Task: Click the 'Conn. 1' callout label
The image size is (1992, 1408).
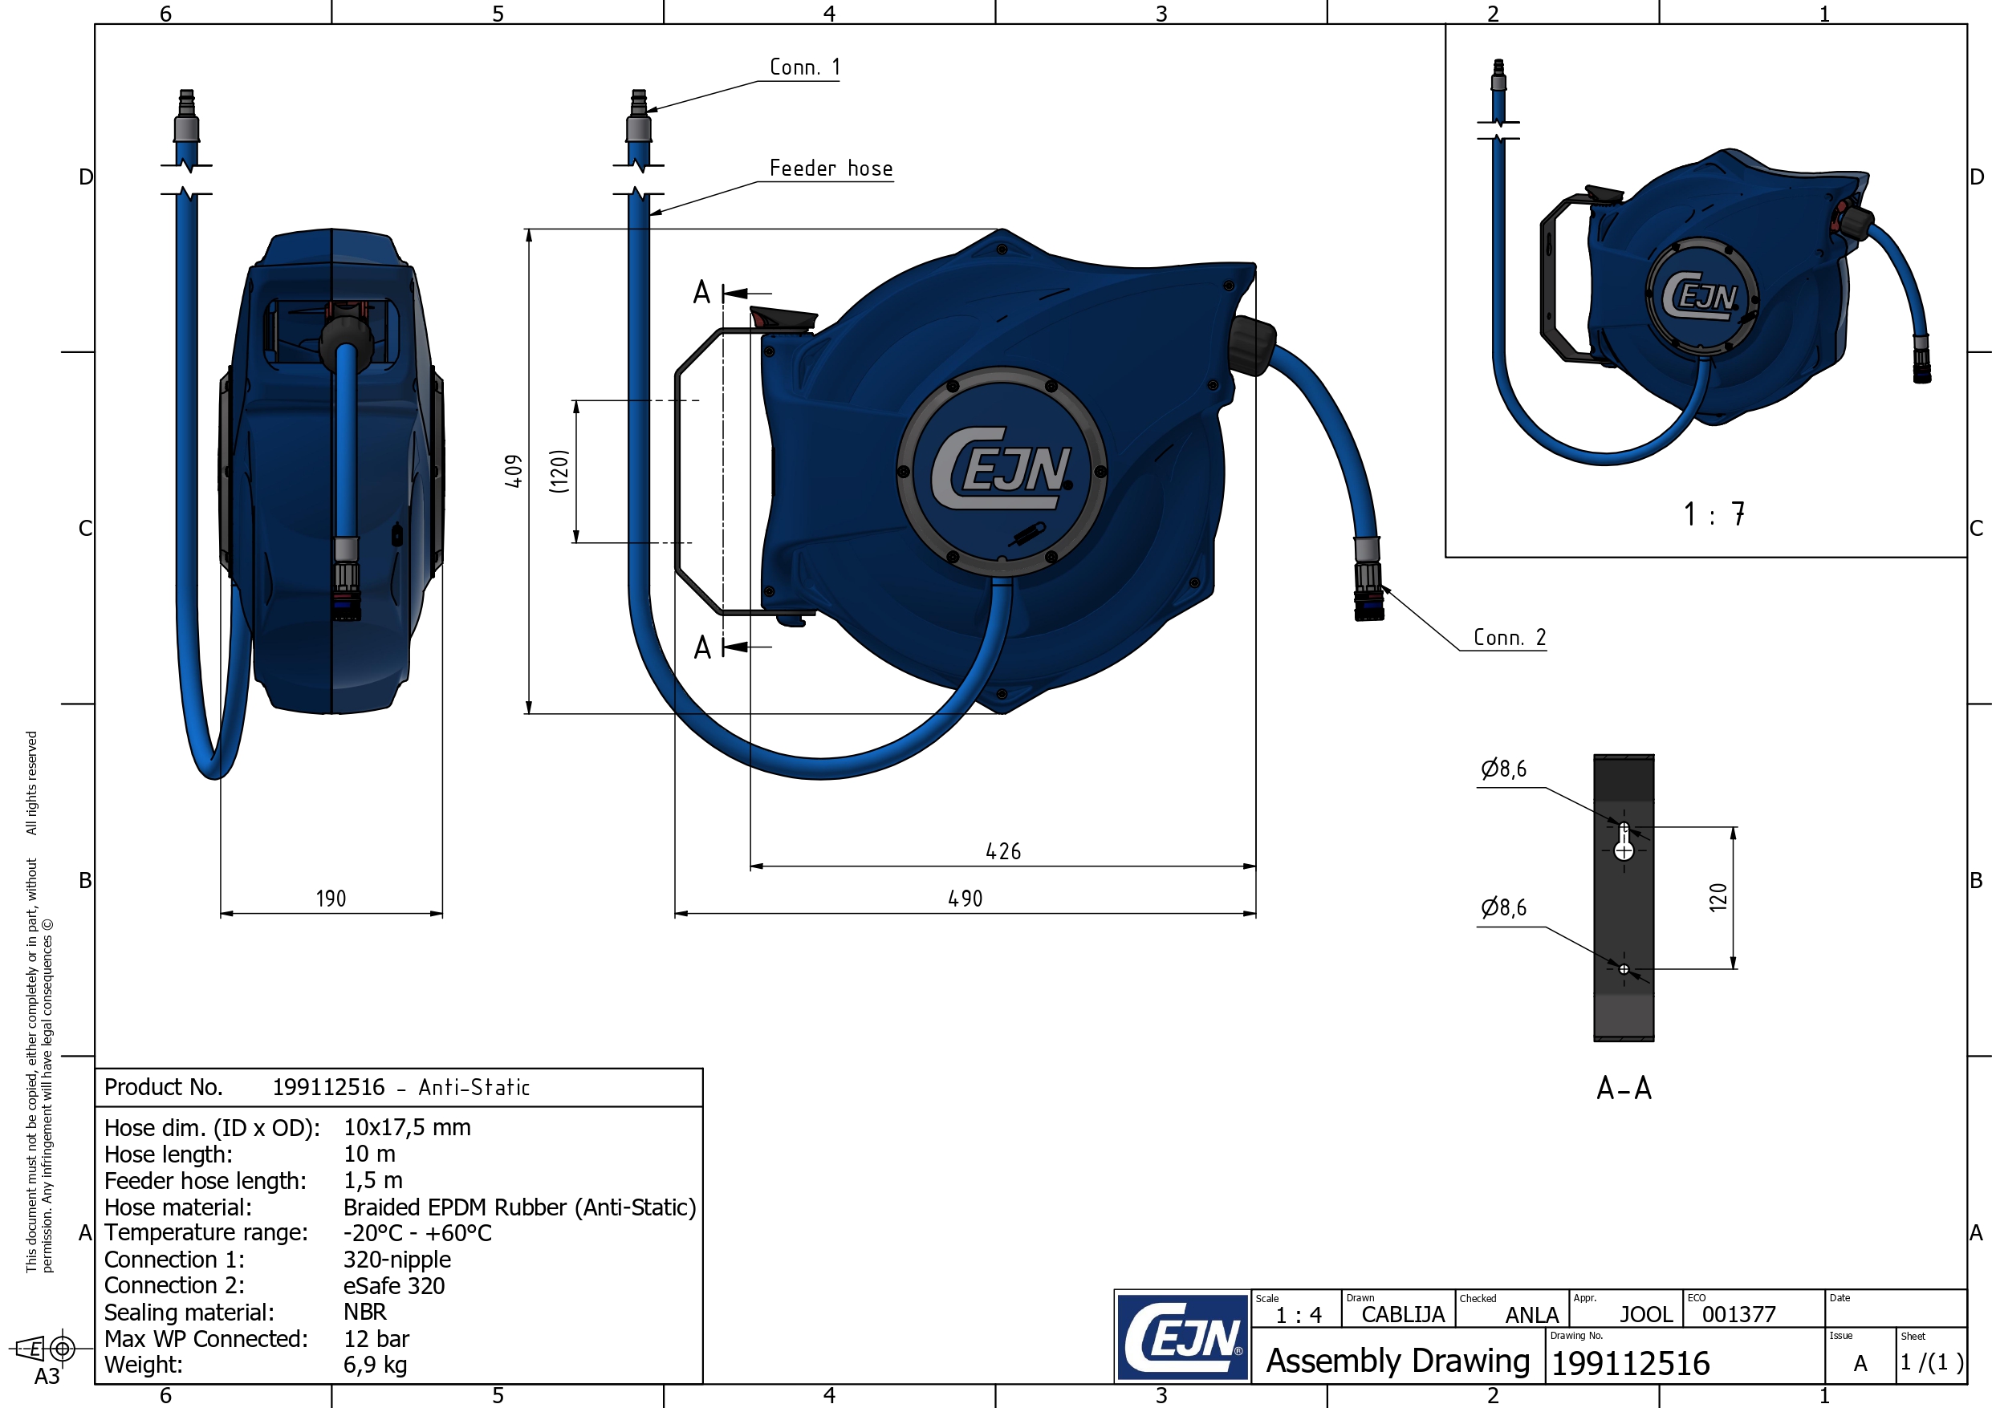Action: click(804, 67)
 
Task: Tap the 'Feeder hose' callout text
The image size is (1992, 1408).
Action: click(831, 168)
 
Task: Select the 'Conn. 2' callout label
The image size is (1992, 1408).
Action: click(1510, 638)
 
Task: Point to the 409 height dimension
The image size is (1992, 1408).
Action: click(514, 471)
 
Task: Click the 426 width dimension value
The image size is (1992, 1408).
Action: click(1003, 852)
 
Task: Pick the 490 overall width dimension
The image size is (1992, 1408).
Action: click(965, 899)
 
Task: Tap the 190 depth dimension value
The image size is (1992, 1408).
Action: click(331, 899)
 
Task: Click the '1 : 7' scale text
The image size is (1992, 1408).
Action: click(1714, 514)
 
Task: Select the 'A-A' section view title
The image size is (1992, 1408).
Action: click(1624, 1088)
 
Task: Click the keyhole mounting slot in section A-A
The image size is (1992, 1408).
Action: click(1624, 842)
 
